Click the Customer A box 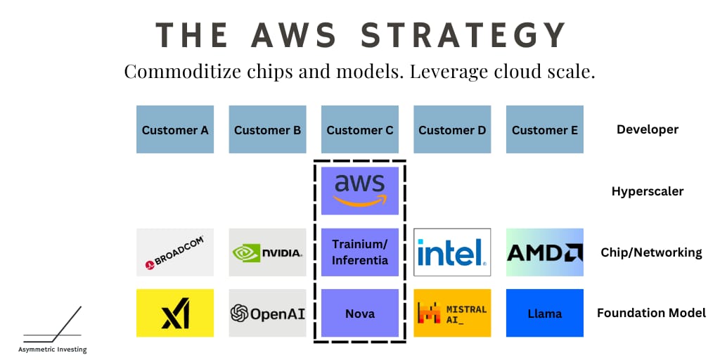tap(175, 129)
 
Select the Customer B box tap(267, 129)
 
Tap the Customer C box tap(360, 129)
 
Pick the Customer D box tap(452, 129)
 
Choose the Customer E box tap(545, 129)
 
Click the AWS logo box tap(360, 191)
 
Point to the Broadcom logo tap(175, 252)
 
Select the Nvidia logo tap(267, 252)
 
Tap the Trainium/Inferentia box tap(360, 252)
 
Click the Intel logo tap(452, 252)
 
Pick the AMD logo tap(545, 252)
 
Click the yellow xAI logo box tap(175, 313)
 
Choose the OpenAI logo tap(267, 313)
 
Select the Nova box tap(360, 313)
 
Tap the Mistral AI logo tap(452, 313)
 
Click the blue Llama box tap(545, 313)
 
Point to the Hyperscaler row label tap(648, 191)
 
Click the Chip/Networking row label tap(651, 252)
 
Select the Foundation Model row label tap(651, 313)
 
